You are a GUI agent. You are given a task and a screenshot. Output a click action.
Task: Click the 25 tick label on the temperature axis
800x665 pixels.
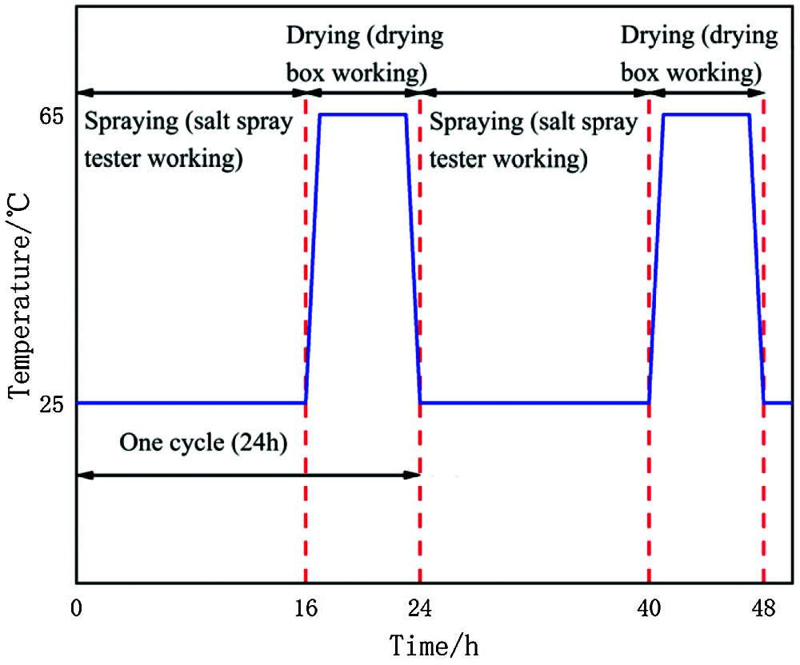pos(50,404)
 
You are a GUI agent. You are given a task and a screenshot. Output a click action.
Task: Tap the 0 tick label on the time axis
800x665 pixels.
pos(76,610)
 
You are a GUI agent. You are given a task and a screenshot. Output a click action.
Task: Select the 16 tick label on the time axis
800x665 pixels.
pos(306,610)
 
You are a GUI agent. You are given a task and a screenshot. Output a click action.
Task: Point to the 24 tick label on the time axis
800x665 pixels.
pos(420,610)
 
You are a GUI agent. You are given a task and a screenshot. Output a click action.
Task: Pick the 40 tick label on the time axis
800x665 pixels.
pos(649,610)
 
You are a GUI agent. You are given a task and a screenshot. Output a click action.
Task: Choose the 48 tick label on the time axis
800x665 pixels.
pos(764,610)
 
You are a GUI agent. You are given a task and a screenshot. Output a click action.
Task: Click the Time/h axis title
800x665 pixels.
pos(435,644)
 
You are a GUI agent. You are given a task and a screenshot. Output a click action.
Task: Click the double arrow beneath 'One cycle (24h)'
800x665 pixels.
pos(248,476)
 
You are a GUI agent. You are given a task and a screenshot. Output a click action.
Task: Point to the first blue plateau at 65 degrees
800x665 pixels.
pos(363,115)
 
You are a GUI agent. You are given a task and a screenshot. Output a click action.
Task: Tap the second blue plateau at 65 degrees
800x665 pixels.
pos(706,115)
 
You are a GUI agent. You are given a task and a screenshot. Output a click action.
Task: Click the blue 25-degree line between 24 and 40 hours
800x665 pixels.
pos(534,403)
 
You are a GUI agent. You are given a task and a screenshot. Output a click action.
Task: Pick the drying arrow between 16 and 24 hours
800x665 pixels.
pos(363,94)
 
